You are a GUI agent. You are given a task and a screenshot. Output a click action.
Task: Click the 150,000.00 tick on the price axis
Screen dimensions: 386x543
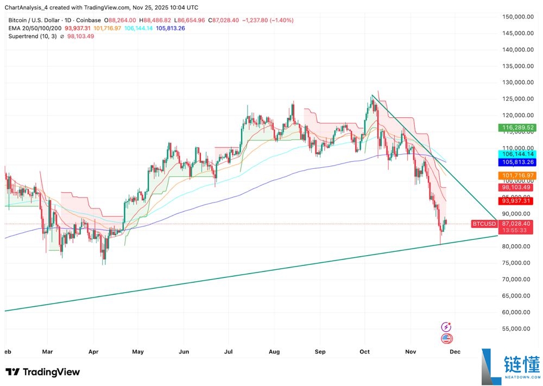[516, 17]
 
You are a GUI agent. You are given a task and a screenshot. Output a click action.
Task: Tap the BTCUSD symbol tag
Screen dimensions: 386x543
[483, 224]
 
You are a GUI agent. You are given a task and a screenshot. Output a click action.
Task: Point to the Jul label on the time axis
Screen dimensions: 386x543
[228, 352]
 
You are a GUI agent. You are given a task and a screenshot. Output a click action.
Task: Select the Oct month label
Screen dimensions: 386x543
[364, 352]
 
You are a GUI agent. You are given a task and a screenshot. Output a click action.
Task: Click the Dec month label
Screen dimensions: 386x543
[455, 352]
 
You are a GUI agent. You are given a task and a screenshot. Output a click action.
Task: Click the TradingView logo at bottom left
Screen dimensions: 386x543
[43, 372]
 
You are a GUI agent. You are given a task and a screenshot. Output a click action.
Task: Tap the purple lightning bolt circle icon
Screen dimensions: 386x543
[446, 327]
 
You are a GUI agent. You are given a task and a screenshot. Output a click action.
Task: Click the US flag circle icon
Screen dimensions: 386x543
[446, 339]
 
